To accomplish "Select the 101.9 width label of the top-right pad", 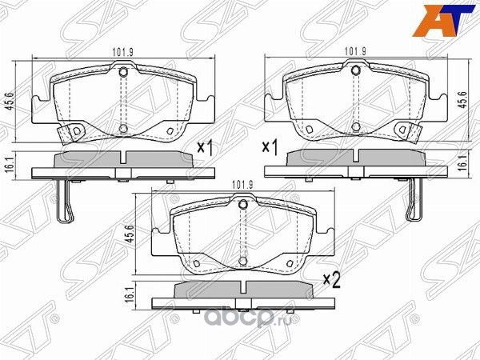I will tap(356, 53).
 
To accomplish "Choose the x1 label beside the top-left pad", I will tap(206, 148).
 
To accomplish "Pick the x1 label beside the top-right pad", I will tap(270, 148).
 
